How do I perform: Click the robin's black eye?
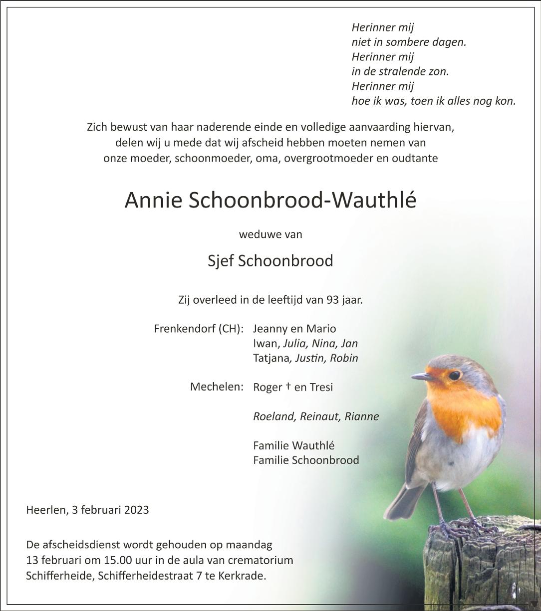coord(454,375)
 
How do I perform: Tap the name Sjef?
coord(221,261)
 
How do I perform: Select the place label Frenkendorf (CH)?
coord(199,329)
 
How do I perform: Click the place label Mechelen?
coord(217,387)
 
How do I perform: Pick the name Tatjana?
coord(271,359)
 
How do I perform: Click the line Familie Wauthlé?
coord(294,445)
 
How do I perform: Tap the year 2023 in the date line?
coord(136,510)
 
